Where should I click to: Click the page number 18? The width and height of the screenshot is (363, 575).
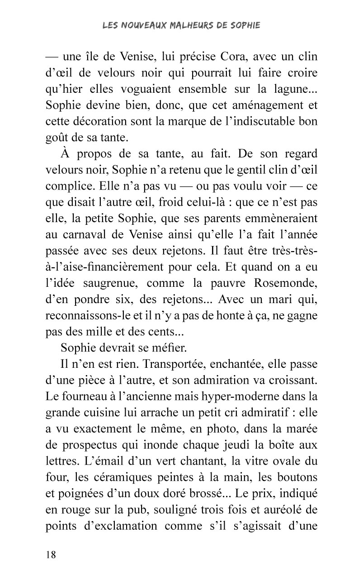(51, 555)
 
